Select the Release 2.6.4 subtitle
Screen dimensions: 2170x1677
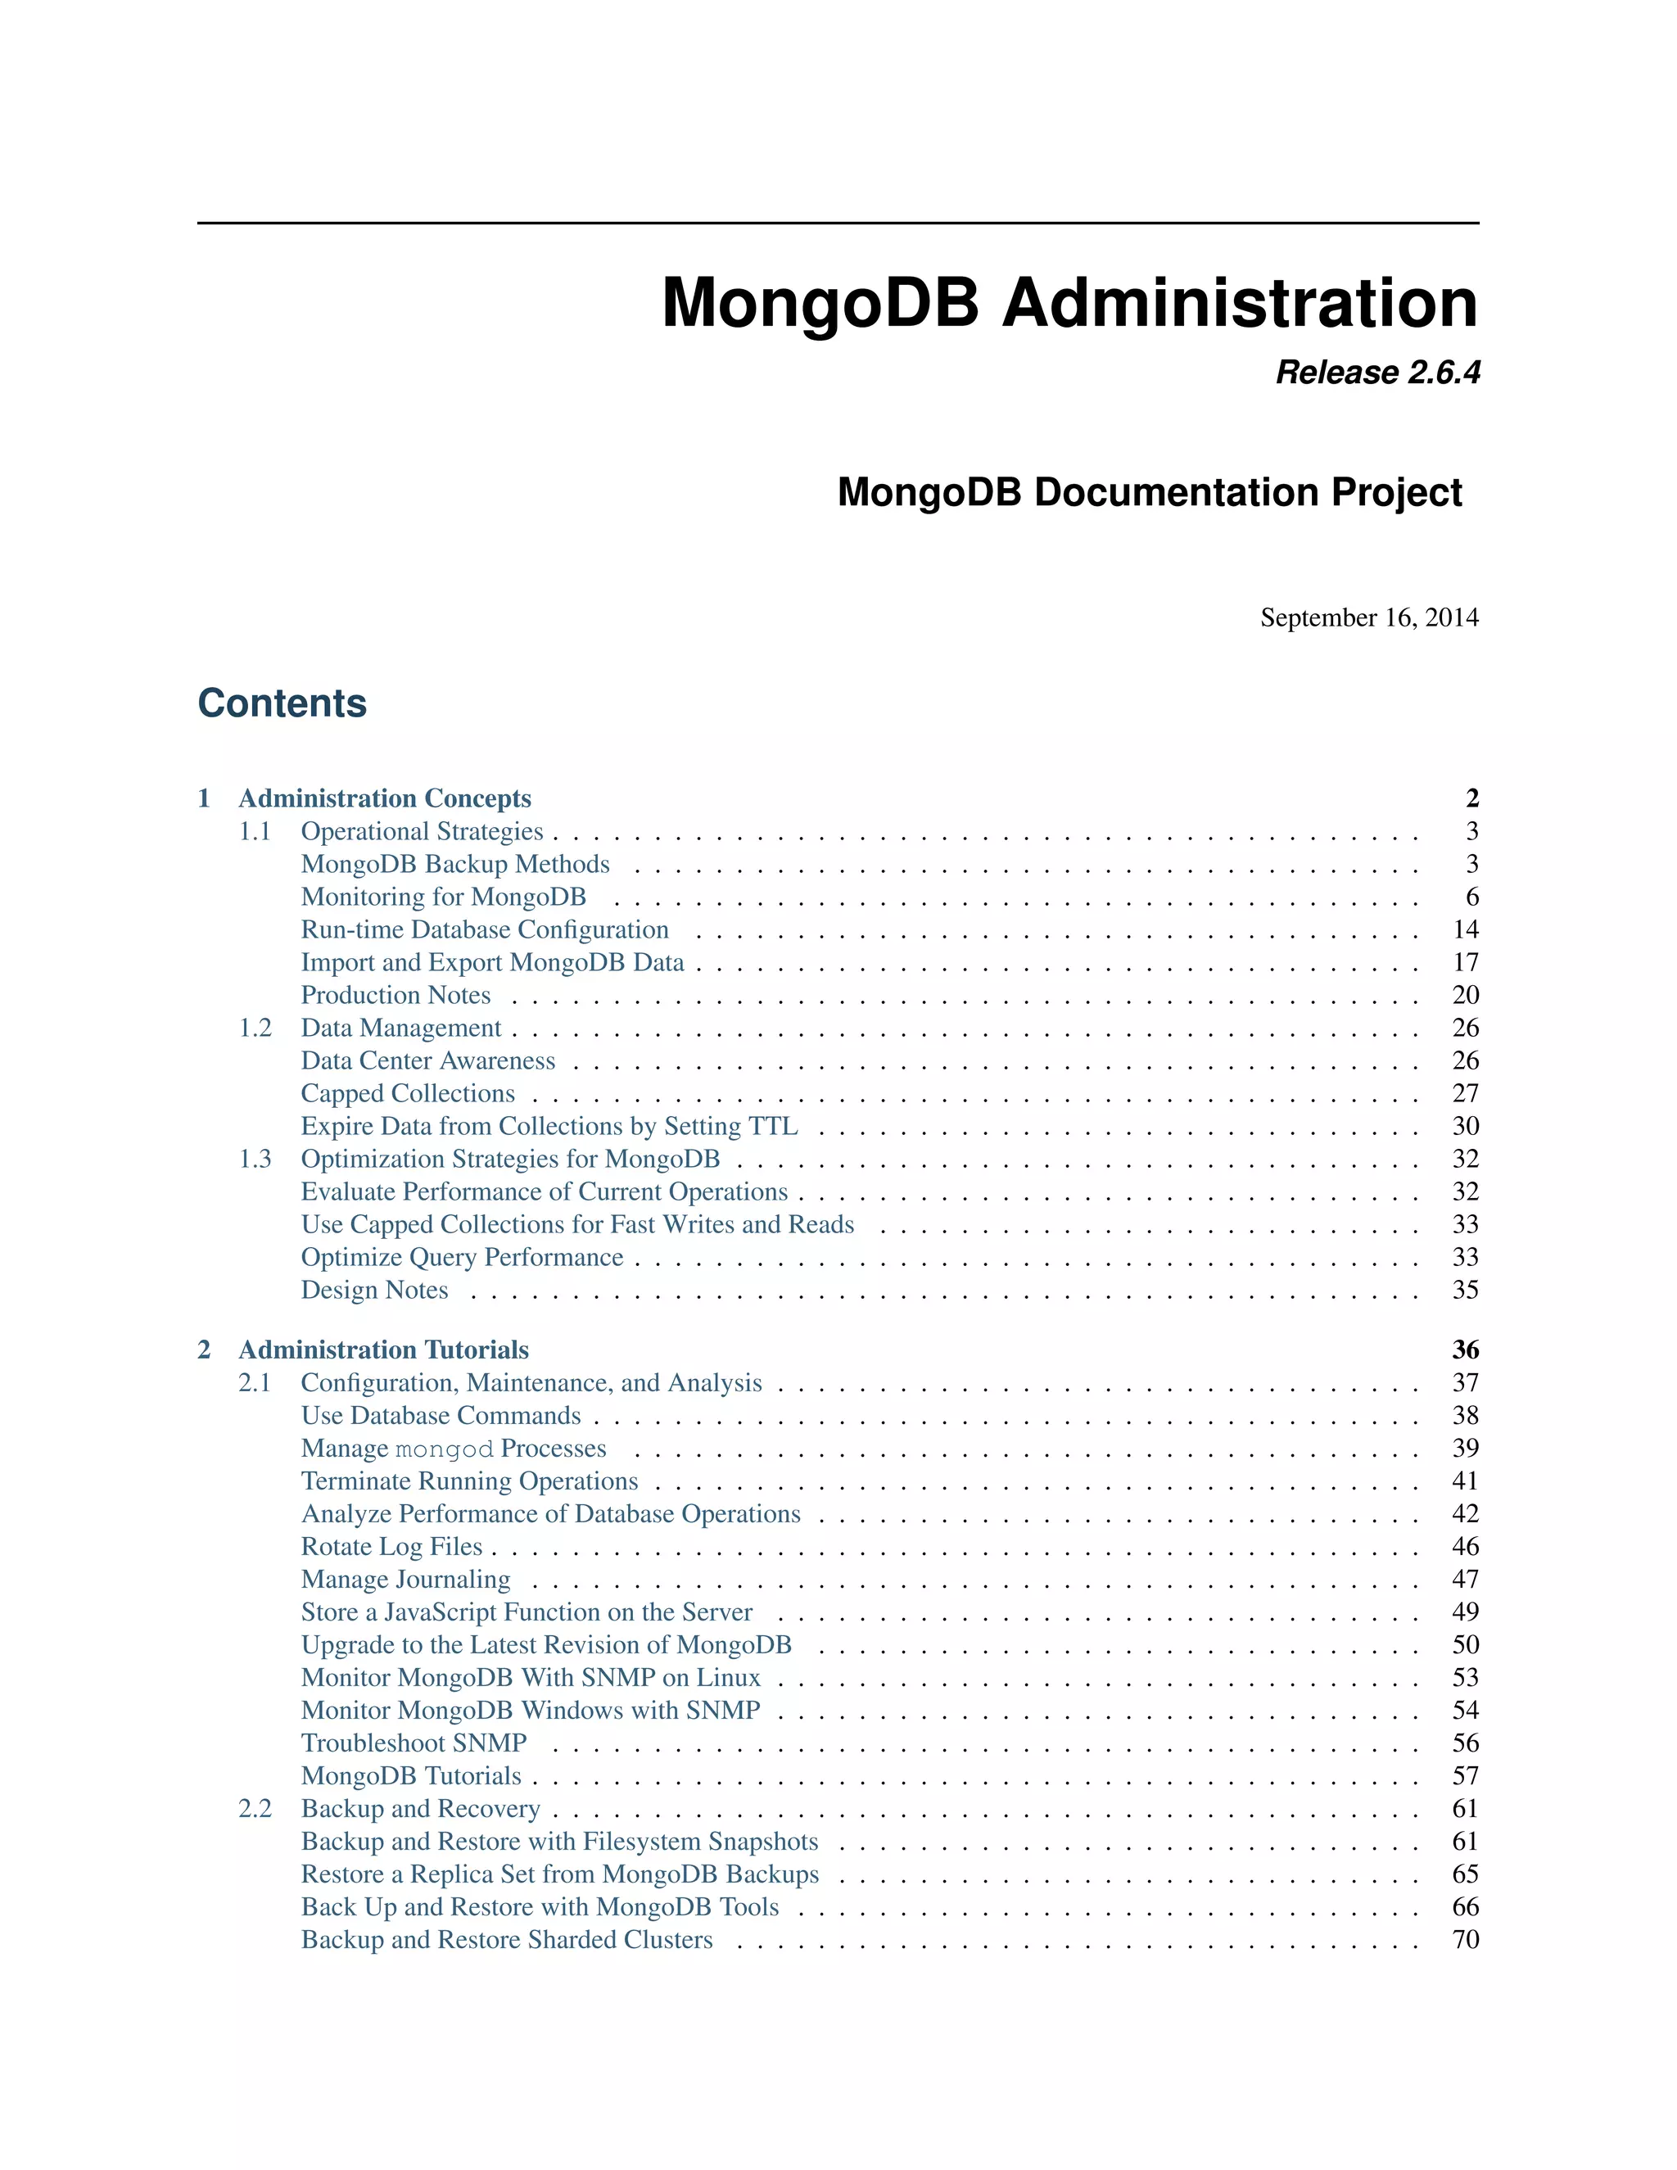pos(1377,373)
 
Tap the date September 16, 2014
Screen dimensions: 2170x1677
pos(1369,618)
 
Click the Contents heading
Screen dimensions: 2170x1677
pos(283,703)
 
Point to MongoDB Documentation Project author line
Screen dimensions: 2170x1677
pos(1150,493)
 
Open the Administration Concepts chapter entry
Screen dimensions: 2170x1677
pos(385,799)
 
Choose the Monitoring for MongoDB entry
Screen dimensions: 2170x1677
pos(443,897)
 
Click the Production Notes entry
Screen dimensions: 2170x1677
pos(396,996)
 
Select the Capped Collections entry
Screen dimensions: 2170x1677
pos(407,1094)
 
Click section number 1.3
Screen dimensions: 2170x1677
pos(255,1160)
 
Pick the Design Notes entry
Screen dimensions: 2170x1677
pos(374,1291)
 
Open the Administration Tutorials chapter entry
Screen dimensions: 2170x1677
pos(383,1350)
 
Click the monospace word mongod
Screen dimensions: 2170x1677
pos(444,1449)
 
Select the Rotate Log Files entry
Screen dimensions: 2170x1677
pos(391,1547)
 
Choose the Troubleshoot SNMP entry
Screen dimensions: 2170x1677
pos(414,1743)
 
